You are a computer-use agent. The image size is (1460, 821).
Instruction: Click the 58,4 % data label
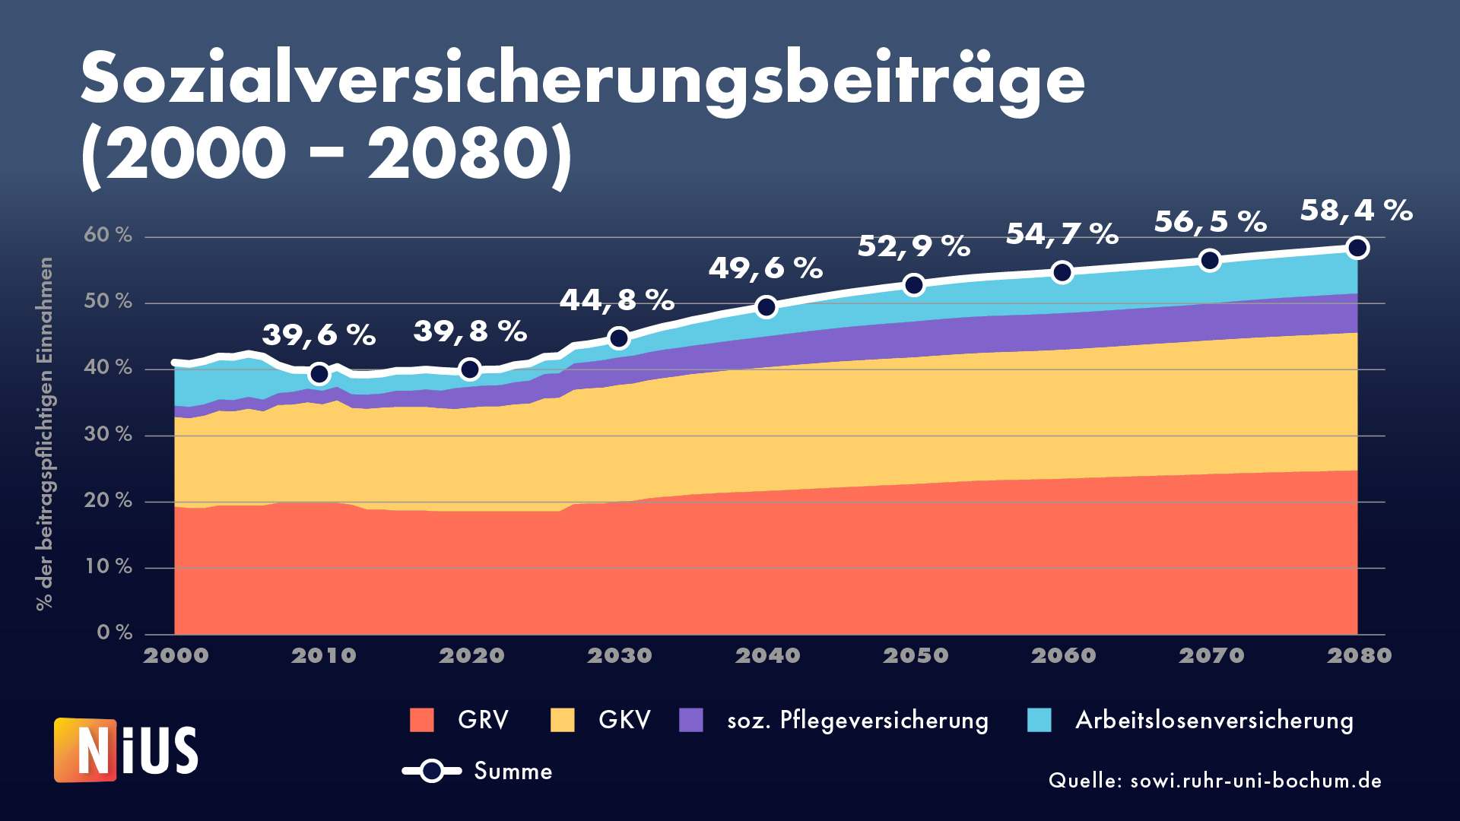tap(1356, 211)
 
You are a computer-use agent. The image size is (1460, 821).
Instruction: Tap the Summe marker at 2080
tap(1357, 248)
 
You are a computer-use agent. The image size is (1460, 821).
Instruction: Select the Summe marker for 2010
tap(319, 373)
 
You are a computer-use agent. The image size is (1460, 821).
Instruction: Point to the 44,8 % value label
tap(617, 300)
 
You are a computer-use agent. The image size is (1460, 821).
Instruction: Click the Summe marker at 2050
tap(913, 285)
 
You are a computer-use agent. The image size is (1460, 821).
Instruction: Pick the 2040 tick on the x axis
tap(767, 655)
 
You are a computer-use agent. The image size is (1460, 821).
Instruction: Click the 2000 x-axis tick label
tap(176, 655)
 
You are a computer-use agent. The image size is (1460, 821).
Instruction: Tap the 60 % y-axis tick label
tap(108, 236)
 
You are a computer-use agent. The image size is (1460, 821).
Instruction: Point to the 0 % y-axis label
tap(115, 632)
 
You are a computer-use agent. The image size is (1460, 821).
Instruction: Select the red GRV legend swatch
tap(422, 720)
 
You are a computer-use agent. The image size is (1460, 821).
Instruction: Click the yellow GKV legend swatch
tap(563, 720)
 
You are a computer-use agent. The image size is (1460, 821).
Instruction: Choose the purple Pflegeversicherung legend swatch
tap(691, 720)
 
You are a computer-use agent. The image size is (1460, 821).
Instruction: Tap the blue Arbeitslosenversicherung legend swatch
tap(1039, 720)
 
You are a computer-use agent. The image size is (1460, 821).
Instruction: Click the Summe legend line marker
tap(432, 771)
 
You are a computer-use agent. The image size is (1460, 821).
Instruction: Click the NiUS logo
tap(126, 750)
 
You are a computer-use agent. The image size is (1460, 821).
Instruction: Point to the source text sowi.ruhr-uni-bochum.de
tap(1214, 781)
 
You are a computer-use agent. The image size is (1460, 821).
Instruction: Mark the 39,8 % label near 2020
tap(470, 332)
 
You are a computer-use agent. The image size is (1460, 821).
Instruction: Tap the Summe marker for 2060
tap(1062, 272)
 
